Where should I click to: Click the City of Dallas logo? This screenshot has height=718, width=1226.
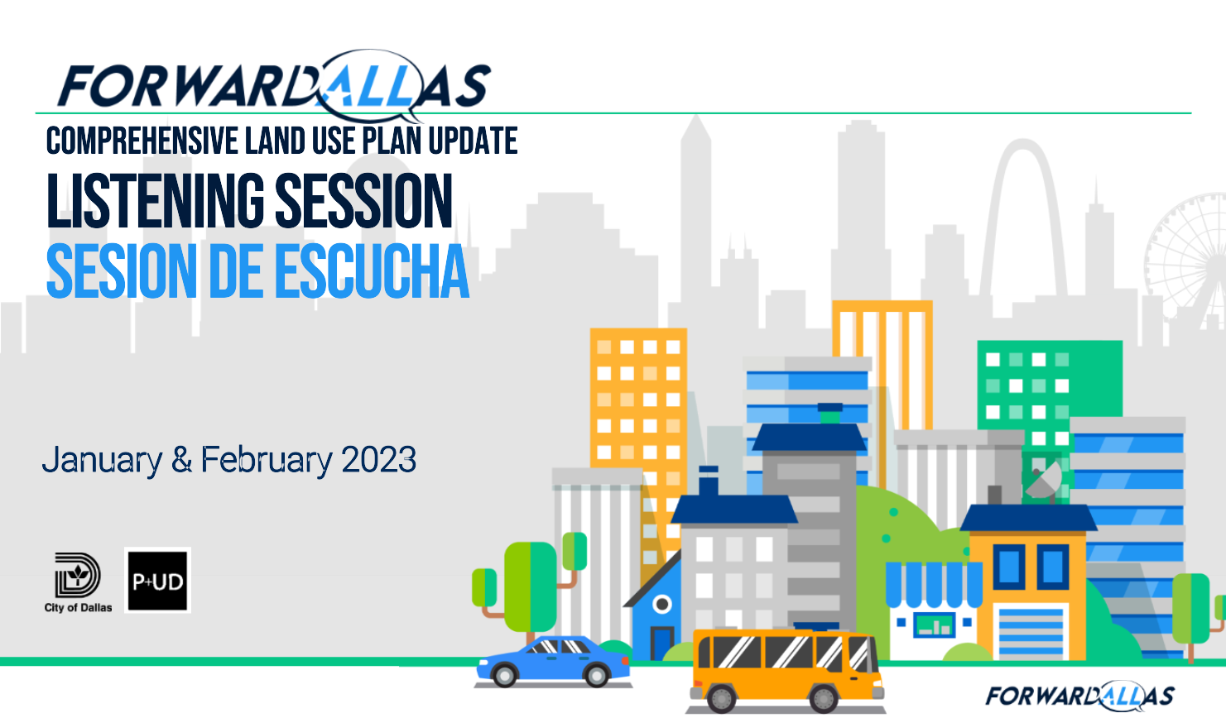(x=79, y=582)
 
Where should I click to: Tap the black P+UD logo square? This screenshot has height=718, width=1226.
(x=157, y=580)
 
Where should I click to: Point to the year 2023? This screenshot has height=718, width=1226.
(x=379, y=459)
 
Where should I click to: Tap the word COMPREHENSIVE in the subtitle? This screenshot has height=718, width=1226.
(x=142, y=141)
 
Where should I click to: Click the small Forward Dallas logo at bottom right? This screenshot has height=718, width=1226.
(x=1079, y=696)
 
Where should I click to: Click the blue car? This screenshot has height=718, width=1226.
(x=553, y=661)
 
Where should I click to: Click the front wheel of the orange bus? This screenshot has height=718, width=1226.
(x=823, y=698)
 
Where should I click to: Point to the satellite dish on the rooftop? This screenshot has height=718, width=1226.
(x=1044, y=481)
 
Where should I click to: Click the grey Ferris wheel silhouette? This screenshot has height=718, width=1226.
(x=1188, y=262)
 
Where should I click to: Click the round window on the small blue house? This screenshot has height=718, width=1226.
(x=662, y=604)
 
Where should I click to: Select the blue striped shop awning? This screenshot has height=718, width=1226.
(x=934, y=584)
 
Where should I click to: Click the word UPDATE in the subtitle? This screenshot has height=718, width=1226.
(x=473, y=141)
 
